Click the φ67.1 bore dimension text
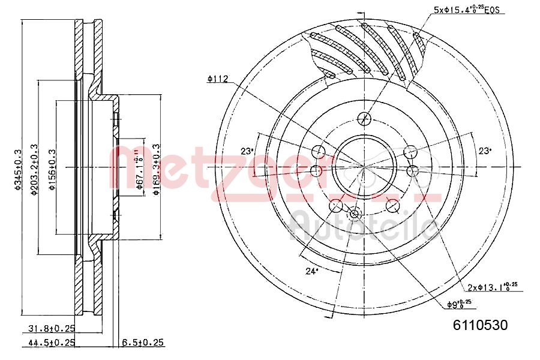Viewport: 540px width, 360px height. point(139,169)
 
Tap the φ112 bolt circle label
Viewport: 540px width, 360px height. point(217,78)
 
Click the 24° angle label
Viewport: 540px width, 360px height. point(311,271)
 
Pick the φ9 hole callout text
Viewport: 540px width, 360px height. point(461,304)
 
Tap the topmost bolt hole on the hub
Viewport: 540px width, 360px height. point(364,119)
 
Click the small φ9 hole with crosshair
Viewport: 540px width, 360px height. point(354,213)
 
